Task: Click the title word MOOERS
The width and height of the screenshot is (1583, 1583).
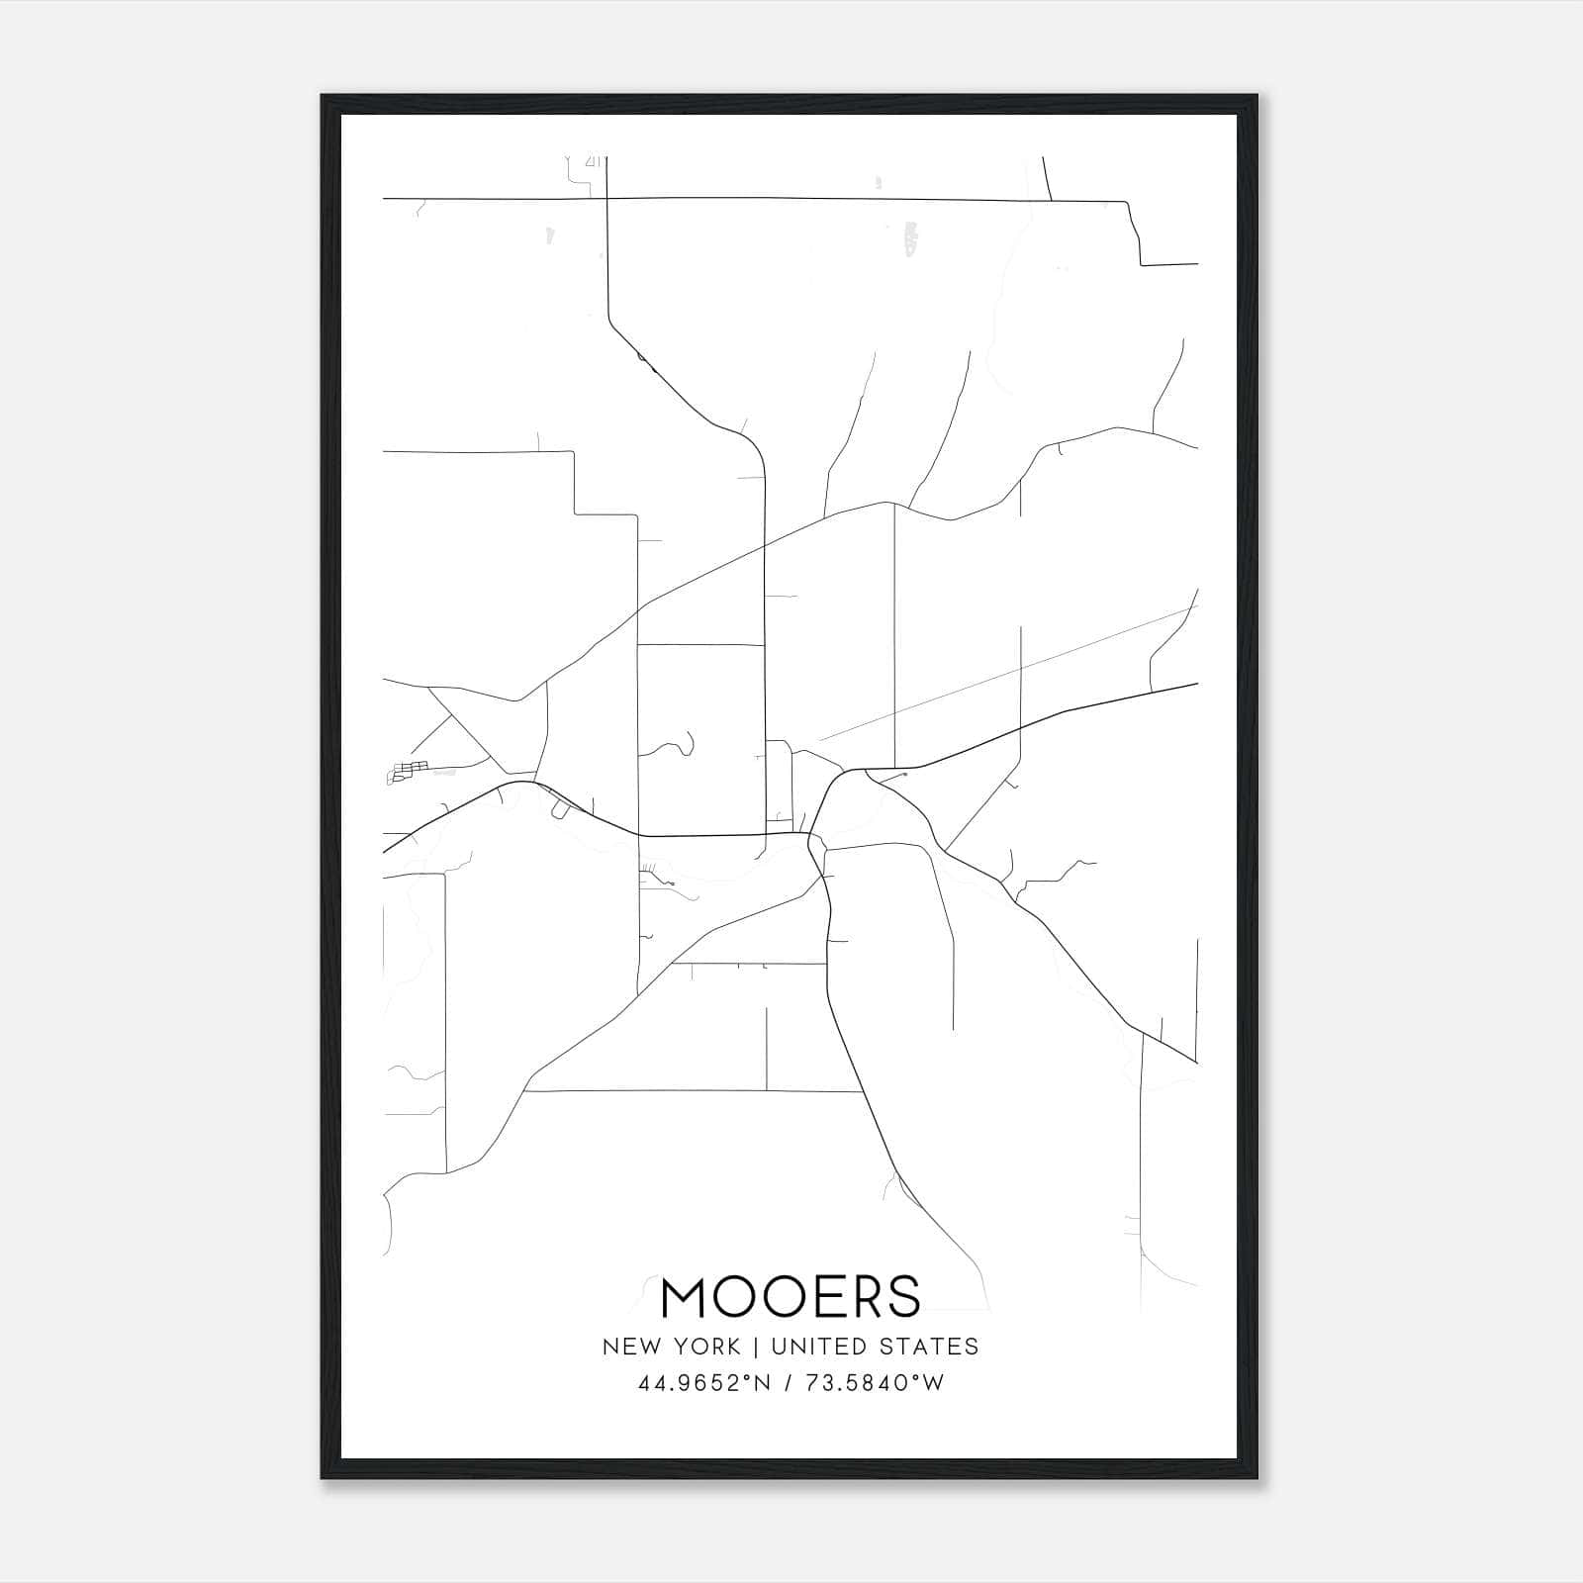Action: click(791, 1296)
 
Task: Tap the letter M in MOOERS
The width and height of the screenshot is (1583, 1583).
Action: click(686, 1296)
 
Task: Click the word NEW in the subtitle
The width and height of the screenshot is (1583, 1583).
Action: click(630, 1347)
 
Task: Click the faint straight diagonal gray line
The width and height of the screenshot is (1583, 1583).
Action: click(1009, 673)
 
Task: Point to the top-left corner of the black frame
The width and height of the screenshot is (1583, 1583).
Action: click(324, 97)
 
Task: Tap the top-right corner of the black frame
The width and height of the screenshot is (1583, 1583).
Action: click(1257, 97)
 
